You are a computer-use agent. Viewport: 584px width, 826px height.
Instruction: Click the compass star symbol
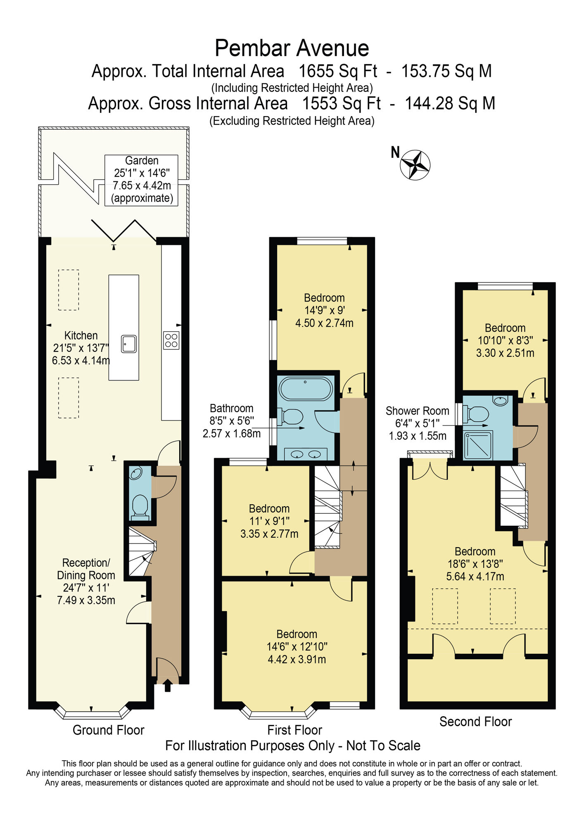click(415, 165)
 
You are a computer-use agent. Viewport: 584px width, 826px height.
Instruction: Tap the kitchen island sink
click(129, 344)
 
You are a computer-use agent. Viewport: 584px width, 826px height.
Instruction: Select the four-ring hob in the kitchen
click(171, 340)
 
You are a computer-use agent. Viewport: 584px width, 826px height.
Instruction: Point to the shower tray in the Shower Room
click(478, 445)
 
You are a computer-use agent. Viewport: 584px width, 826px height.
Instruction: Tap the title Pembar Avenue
click(292, 48)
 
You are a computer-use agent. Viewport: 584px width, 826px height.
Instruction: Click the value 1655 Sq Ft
click(338, 71)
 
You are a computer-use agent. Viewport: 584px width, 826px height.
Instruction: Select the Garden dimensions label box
click(141, 180)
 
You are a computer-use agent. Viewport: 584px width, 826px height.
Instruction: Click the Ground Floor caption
click(109, 730)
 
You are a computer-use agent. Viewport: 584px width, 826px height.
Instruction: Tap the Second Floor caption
click(476, 722)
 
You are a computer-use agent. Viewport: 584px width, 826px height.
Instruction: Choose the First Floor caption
click(294, 730)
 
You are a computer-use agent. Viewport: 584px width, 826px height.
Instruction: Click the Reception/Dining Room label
click(86, 569)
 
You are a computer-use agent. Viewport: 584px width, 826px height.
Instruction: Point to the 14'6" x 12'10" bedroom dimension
click(297, 646)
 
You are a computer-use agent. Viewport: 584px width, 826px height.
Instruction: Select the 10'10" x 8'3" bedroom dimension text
click(505, 340)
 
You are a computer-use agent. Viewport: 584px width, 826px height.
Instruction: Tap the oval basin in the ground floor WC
click(136, 473)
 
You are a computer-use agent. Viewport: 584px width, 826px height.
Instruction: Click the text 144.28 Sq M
click(450, 104)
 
